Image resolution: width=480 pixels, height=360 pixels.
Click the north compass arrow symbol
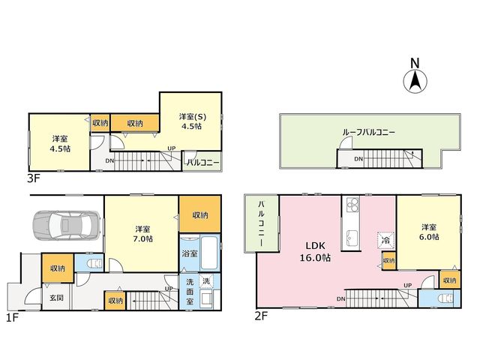pyautogui.click(x=415, y=81)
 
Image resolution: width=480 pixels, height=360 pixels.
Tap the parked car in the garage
pyautogui.click(x=67, y=225)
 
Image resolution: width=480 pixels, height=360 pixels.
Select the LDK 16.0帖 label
pyautogui.click(x=315, y=252)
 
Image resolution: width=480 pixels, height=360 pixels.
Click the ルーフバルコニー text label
pyautogui.click(x=368, y=133)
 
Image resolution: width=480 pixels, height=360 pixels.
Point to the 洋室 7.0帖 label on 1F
pyautogui.click(x=143, y=233)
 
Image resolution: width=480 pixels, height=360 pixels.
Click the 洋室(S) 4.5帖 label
pyautogui.click(x=193, y=121)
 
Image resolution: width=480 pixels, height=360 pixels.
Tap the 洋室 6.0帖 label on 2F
pyautogui.click(x=429, y=232)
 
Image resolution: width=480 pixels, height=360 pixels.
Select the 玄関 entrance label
pyautogui.click(x=57, y=297)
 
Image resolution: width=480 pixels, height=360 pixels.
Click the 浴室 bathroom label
pyautogui.click(x=190, y=253)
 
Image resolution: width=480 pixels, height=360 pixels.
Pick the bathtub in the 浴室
pyautogui.click(x=210, y=253)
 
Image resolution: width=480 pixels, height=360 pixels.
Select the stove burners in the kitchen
pyautogui.click(x=352, y=205)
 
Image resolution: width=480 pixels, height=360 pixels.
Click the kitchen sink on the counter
pyautogui.click(x=352, y=237)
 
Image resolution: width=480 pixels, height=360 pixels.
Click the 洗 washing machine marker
pyautogui.click(x=207, y=281)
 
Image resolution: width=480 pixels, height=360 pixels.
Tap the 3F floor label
pyautogui.click(x=33, y=178)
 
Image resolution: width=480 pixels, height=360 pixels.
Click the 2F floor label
pyautogui.click(x=261, y=315)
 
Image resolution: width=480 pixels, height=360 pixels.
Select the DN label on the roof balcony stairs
pyautogui.click(x=358, y=159)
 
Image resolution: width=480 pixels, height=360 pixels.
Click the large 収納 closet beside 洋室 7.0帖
pyautogui.click(x=200, y=214)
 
